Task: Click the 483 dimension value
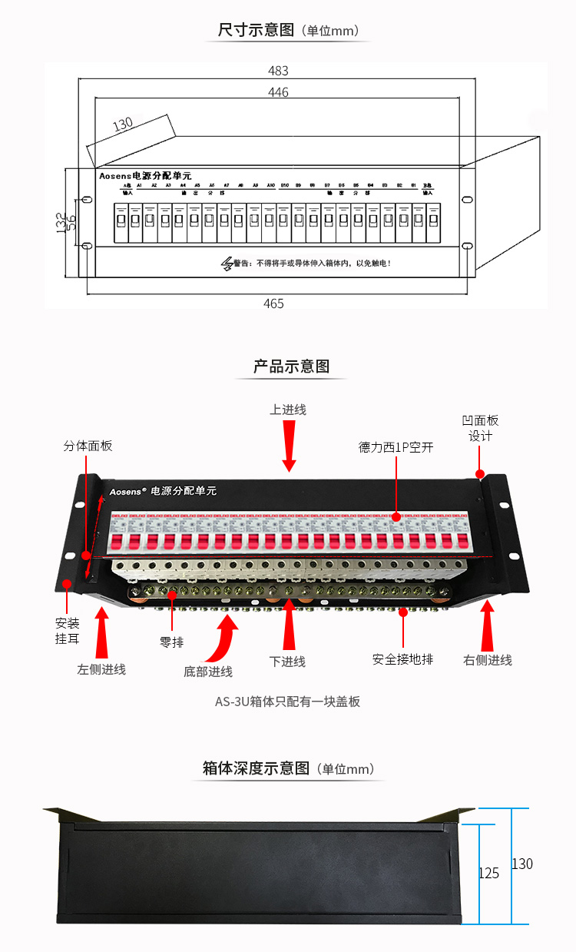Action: tap(278, 71)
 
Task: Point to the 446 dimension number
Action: tap(278, 92)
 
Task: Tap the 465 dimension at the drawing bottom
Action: tap(273, 304)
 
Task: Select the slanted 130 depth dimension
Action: tap(123, 124)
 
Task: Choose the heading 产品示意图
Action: tap(291, 367)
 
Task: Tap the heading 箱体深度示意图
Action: tap(256, 768)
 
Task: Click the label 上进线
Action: tap(288, 410)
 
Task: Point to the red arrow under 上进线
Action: tap(289, 447)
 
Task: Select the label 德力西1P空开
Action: tap(396, 446)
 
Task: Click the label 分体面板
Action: tap(88, 446)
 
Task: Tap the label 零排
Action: tap(171, 642)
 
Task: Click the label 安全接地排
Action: tap(402, 659)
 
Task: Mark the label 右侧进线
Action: tap(488, 660)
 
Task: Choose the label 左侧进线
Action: tap(101, 669)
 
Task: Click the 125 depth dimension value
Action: tap(488, 873)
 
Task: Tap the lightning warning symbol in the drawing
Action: tap(227, 264)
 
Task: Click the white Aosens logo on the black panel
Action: tap(128, 489)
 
